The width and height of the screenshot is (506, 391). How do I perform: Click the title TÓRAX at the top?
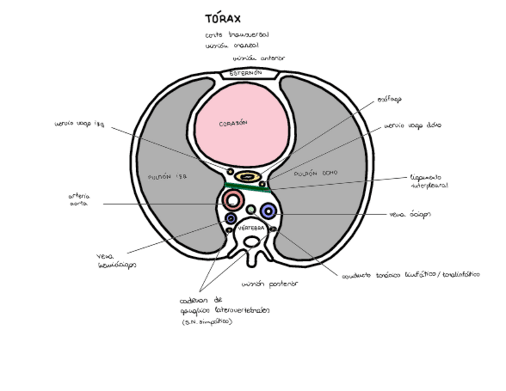point(223,19)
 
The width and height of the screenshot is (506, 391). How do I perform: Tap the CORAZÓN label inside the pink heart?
point(233,123)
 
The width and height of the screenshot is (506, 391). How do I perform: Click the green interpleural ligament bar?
point(247,188)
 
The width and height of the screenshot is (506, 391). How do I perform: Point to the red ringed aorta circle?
point(232,200)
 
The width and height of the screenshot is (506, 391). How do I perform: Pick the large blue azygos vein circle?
point(268,210)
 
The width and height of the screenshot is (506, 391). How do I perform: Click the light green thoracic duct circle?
point(251,210)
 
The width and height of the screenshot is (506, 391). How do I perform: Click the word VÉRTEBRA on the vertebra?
point(251,228)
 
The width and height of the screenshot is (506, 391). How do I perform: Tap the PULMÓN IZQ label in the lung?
point(163,177)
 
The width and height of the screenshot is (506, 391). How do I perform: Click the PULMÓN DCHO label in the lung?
point(316,173)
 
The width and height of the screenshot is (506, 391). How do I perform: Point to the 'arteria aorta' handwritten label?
point(79,200)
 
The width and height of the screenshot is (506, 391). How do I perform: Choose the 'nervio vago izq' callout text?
point(79,125)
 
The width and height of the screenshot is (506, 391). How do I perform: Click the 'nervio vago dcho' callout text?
point(412,126)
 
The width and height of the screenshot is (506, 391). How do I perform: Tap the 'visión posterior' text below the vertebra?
point(269,284)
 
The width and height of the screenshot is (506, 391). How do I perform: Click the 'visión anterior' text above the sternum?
point(258,58)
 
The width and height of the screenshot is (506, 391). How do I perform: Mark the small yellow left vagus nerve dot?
point(230,172)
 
